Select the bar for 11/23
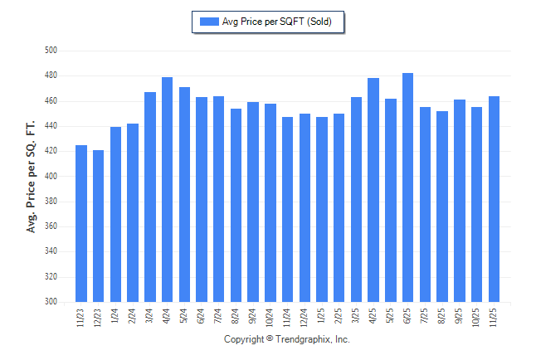tap(81, 224)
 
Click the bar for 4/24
tap(167, 190)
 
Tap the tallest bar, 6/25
tap(407, 187)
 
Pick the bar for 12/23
tap(98, 226)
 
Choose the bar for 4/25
tap(373, 190)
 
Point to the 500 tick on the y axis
tap(51, 51)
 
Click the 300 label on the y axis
tap(51, 302)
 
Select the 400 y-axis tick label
tap(51, 177)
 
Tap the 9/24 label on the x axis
tap(253, 315)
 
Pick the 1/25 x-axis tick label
tap(322, 315)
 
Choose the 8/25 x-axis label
tap(442, 315)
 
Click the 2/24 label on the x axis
tap(133, 315)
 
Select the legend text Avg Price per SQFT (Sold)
tap(277, 22)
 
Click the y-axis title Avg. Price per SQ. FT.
tap(32, 177)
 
